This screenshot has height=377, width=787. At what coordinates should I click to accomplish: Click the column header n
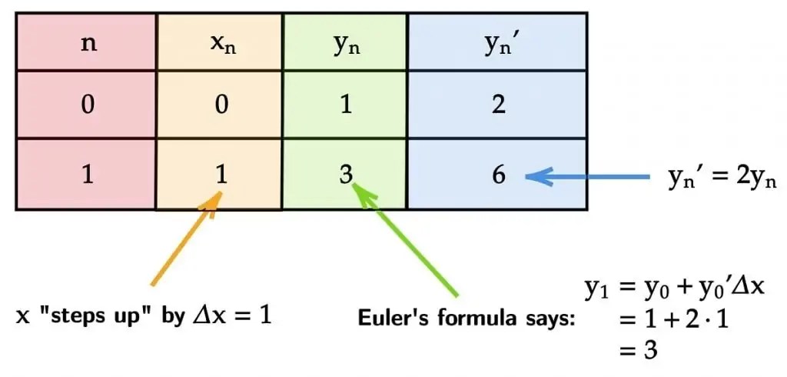click(x=88, y=42)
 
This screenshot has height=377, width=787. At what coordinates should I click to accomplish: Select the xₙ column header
click(x=221, y=42)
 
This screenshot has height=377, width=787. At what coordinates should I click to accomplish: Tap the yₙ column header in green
click(x=346, y=42)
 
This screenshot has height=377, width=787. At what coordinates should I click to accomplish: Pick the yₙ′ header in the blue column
click(x=499, y=42)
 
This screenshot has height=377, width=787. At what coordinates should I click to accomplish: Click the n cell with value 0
click(x=88, y=105)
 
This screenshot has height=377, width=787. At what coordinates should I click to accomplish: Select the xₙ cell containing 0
click(x=221, y=105)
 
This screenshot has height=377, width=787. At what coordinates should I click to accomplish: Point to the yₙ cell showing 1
click(x=346, y=105)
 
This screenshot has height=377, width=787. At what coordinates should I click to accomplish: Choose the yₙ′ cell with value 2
click(x=499, y=105)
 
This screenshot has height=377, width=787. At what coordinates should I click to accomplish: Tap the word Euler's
click(x=393, y=318)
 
